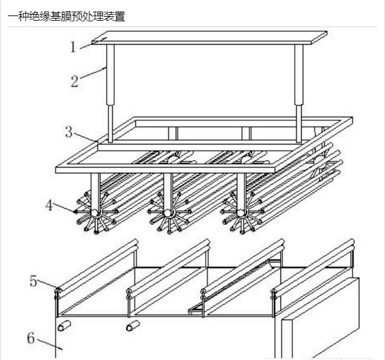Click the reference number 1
[x=73, y=47]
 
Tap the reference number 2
[x=75, y=81]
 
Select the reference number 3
[x=69, y=132]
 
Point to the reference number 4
[x=49, y=205]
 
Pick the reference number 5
[x=34, y=281]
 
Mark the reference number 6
[x=31, y=337]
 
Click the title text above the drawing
[x=67, y=16]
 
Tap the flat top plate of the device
[x=209, y=37]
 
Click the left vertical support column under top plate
[x=110, y=93]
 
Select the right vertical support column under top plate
[x=299, y=93]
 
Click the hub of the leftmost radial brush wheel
[x=95, y=213]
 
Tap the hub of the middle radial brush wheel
[x=168, y=213]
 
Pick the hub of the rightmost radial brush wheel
[x=240, y=213]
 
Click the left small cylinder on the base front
[x=65, y=326]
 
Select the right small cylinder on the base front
[x=133, y=326]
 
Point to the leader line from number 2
[x=93, y=73]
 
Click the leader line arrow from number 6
[x=50, y=344]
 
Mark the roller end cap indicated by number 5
[x=57, y=291]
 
